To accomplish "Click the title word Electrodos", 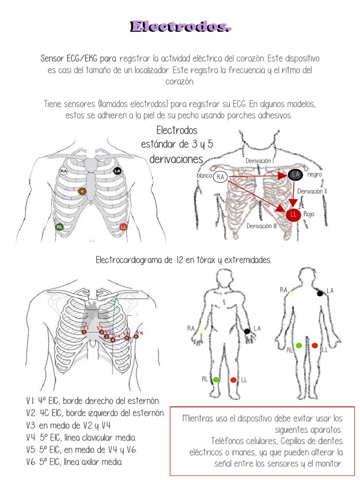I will tap(181, 27).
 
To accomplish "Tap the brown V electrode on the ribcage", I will tap(82, 191).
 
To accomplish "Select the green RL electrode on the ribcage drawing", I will tap(60, 227).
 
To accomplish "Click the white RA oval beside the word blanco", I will tap(220, 177).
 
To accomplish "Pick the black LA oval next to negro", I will tap(295, 174).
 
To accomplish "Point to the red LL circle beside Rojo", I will tap(293, 215).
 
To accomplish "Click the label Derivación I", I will tap(260, 161).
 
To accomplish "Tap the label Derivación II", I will tap(312, 191).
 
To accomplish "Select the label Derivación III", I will tap(262, 226).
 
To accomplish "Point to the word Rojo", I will tap(309, 214).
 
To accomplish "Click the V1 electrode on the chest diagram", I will tap(84, 332).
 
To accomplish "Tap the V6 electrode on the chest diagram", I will tap(136, 336).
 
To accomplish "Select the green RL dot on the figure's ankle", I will tap(217, 379).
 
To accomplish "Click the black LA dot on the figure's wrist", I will tap(247, 331).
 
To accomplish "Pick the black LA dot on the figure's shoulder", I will tap(320, 293).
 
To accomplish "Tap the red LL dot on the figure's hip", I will tap(315, 345).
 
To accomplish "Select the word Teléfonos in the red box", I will tap(230, 441).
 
